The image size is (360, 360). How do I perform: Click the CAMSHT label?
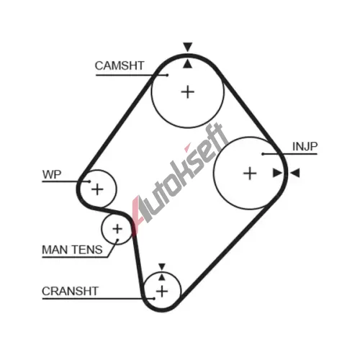[x=120, y=66]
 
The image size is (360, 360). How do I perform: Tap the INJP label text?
[x=305, y=146]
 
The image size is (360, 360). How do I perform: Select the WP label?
[x=52, y=174]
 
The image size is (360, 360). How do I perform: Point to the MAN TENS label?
[x=72, y=250]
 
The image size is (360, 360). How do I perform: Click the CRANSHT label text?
[x=70, y=291]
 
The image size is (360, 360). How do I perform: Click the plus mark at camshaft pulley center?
[x=188, y=92]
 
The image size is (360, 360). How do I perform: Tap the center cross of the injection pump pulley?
[x=250, y=174]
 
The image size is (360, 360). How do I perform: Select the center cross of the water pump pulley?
[x=97, y=189]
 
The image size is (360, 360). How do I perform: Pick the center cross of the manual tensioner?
[x=117, y=229]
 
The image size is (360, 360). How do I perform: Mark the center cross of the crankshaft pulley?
[x=162, y=292]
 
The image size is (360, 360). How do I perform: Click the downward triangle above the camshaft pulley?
[x=188, y=47]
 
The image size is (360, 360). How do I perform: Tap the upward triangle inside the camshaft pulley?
[x=188, y=64]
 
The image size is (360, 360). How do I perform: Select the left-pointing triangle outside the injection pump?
[x=295, y=173]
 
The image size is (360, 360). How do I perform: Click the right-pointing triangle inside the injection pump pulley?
[x=277, y=173]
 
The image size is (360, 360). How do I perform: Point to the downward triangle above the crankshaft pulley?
[x=162, y=266]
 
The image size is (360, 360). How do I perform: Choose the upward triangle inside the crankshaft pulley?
[x=162, y=277]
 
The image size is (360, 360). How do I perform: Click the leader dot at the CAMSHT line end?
[x=167, y=75]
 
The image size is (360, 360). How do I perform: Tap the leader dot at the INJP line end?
[x=263, y=154]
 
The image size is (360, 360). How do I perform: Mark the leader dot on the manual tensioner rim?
[x=117, y=240]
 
